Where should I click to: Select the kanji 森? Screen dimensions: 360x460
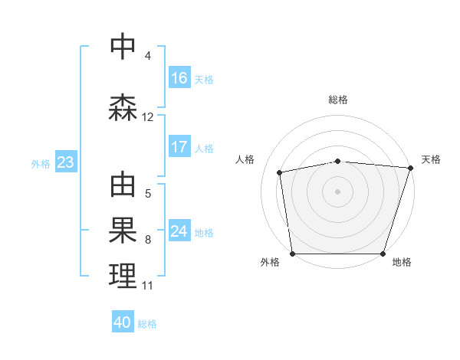click(123, 107)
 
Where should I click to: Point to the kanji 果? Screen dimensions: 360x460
click(123, 231)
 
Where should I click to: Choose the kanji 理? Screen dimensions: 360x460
click(123, 277)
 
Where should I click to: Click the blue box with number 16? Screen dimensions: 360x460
click(179, 78)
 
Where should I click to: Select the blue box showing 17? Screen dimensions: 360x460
click(179, 147)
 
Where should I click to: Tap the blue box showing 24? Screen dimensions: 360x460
click(179, 231)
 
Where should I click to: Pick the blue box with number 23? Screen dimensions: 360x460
click(65, 162)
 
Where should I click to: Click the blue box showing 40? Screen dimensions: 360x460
click(123, 323)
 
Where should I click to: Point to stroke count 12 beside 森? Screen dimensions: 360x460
click(148, 117)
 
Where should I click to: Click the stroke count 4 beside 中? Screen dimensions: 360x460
click(147, 56)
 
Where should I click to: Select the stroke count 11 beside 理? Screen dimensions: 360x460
click(147, 286)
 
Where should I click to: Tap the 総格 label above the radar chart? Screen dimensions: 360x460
click(338, 100)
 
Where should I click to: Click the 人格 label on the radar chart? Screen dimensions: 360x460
click(245, 159)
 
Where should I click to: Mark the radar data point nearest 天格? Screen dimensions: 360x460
click(410, 168)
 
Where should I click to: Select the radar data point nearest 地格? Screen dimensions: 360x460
click(383, 254)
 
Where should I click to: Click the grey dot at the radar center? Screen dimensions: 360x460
click(338, 191)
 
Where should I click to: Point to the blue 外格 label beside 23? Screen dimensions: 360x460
click(41, 163)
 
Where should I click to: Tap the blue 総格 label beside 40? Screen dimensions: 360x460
click(147, 324)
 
